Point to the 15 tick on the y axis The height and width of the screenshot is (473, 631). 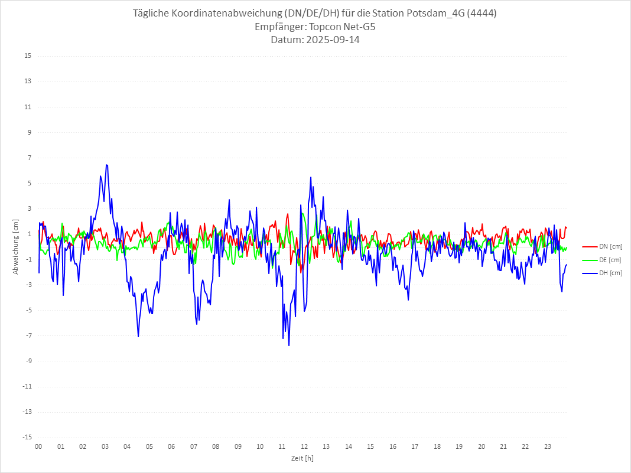[x=28, y=56]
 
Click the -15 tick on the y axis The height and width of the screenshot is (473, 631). [x=27, y=437]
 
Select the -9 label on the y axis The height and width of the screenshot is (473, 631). [x=28, y=361]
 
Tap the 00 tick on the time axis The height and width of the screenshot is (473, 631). [x=38, y=446]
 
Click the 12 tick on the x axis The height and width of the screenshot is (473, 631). [x=304, y=446]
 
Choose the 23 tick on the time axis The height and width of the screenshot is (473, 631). [x=548, y=446]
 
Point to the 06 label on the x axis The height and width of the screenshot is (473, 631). [x=171, y=446]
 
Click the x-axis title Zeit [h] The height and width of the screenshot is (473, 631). [x=302, y=458]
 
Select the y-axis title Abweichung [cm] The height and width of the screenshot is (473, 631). [x=16, y=246]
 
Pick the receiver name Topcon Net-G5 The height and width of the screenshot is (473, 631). [x=343, y=27]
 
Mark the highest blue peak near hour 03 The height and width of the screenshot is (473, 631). [x=106, y=165]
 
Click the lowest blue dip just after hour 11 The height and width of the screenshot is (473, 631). [x=289, y=345]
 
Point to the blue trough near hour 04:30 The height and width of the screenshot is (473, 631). [x=138, y=337]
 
